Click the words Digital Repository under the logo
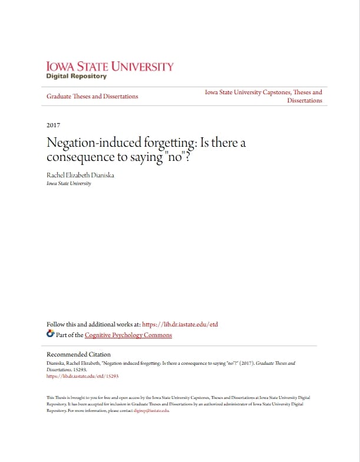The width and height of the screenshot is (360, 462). [x=76, y=76]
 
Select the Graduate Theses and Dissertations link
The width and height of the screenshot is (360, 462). [x=93, y=96]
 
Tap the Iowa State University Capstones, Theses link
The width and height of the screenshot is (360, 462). [x=263, y=93]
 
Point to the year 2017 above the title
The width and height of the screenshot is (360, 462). [x=53, y=125]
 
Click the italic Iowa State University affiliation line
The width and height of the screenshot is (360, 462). [x=68, y=183]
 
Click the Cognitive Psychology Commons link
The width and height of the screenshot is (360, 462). [x=128, y=335]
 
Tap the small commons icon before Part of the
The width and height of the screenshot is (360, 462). [x=50, y=335]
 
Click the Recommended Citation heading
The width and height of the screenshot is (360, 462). [x=78, y=354]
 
